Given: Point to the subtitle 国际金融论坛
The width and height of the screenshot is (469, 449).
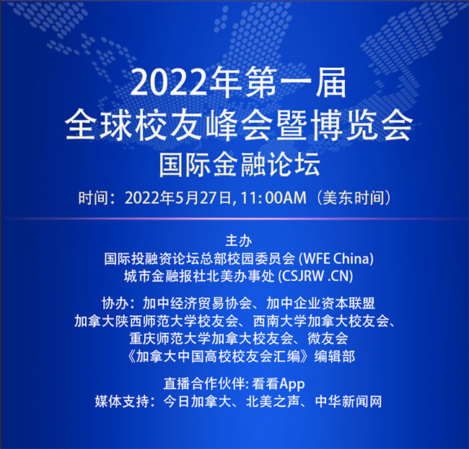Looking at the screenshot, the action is click(x=240, y=165).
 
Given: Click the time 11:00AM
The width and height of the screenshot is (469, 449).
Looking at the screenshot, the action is click(x=273, y=198).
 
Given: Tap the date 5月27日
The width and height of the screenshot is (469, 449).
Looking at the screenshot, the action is click(x=204, y=198).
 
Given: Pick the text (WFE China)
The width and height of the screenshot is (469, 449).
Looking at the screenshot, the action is click(x=336, y=259).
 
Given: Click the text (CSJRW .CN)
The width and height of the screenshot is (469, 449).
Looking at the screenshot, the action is click(x=315, y=277).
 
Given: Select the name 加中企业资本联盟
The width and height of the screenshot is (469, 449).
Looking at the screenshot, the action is click(x=320, y=304).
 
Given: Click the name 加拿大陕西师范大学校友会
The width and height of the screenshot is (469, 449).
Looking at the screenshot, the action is click(x=157, y=322).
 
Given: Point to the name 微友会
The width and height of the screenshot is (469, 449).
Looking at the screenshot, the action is click(x=328, y=339).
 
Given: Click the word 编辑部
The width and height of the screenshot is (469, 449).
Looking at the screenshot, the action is click(x=334, y=357).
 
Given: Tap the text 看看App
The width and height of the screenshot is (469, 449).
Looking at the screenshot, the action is click(x=279, y=384).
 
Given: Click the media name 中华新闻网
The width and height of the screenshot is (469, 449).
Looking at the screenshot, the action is click(x=349, y=401).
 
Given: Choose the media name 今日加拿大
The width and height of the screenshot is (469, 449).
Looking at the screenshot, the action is click(x=198, y=401).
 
